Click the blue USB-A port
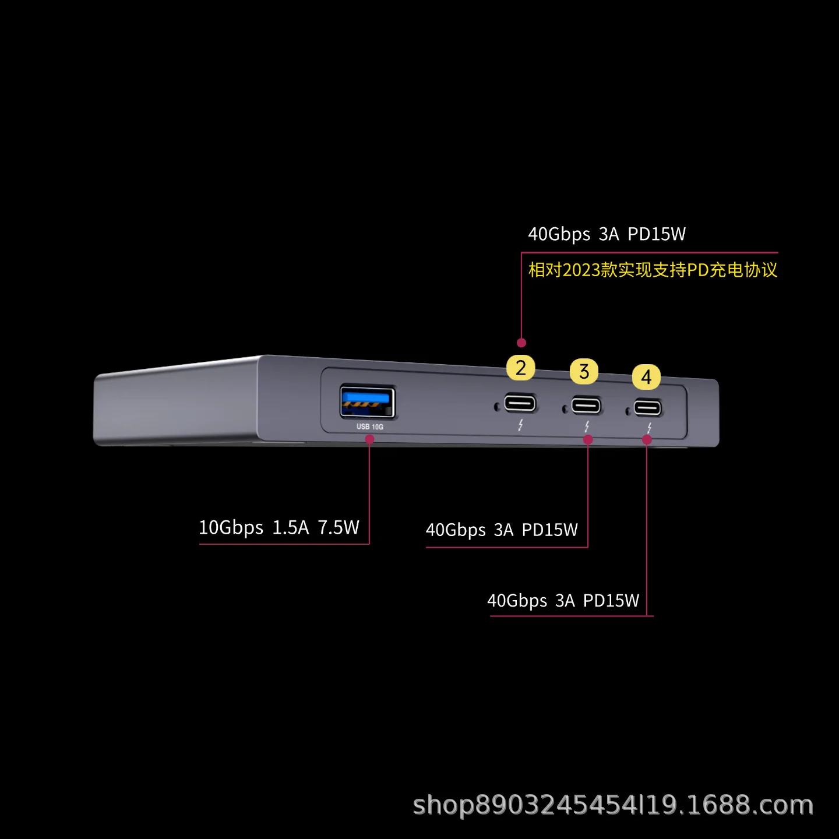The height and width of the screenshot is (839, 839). (368, 402)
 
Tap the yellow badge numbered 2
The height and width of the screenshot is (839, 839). (521, 368)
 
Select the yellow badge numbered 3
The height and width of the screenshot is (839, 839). (584, 372)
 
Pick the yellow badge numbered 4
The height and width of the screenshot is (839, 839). (646, 377)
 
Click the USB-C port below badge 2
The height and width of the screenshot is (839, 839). (520, 403)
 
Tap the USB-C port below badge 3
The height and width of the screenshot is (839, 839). (586, 406)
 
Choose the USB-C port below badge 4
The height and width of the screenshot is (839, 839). (647, 407)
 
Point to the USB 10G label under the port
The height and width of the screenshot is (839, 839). (370, 427)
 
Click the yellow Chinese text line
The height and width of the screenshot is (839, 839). (653, 270)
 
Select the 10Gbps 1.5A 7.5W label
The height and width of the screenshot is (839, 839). (279, 528)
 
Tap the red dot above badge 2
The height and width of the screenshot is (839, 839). (521, 343)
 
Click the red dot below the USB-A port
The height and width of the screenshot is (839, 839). (369, 439)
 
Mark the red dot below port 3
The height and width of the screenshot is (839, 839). (588, 440)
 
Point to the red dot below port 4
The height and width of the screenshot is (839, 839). (647, 440)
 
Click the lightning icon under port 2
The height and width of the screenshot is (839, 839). (520, 425)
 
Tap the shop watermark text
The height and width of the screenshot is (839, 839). (613, 805)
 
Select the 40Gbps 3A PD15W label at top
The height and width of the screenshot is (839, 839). (607, 234)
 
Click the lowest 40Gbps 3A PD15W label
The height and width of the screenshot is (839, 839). (563, 601)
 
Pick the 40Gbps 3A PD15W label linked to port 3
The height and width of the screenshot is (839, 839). (502, 530)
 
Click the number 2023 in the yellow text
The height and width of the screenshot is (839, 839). (581, 270)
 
